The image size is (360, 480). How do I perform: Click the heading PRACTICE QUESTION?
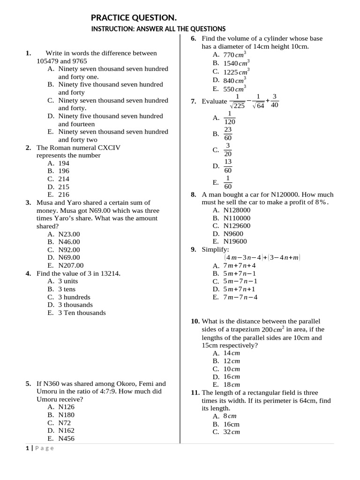tap(134, 18)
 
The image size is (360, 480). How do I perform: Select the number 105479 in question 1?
tap(48, 61)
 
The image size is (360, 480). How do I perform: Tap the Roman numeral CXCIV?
tap(109, 148)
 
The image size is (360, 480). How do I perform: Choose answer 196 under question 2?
tap(64, 171)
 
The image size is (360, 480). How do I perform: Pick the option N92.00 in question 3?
tap(69, 250)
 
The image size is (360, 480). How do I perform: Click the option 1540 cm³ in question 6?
tap(236, 63)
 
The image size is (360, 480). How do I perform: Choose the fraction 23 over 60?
tap(228, 134)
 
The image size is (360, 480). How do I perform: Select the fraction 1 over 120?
tap(230, 118)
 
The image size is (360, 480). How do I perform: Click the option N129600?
tap(237, 225)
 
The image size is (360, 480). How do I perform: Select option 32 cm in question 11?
tap(232, 432)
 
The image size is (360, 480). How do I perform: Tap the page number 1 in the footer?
tap(28, 448)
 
